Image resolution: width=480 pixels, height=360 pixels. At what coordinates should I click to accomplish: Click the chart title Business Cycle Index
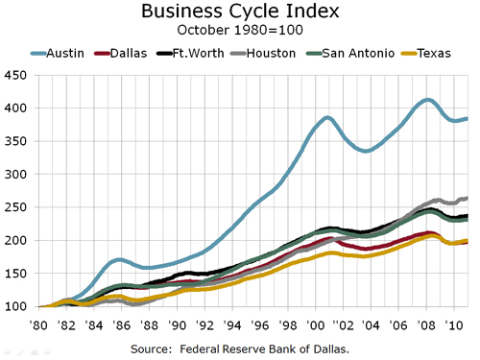240,12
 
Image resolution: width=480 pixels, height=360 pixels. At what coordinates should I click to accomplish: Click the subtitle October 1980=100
240,31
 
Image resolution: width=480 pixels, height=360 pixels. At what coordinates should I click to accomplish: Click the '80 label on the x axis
39,319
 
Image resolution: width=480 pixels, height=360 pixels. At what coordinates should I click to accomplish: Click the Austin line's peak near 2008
427,100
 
